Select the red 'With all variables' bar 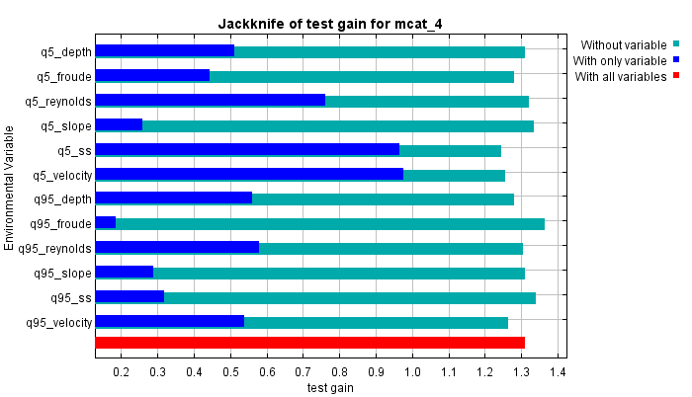(308, 343)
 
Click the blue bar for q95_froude (106, 223)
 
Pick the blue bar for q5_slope (119, 125)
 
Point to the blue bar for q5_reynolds (210, 101)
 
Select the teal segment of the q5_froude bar (361, 76)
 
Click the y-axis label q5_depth (64, 51)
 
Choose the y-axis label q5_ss (74, 150)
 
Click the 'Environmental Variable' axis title (9, 187)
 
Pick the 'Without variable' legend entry (624, 44)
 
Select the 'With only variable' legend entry (620, 60)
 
